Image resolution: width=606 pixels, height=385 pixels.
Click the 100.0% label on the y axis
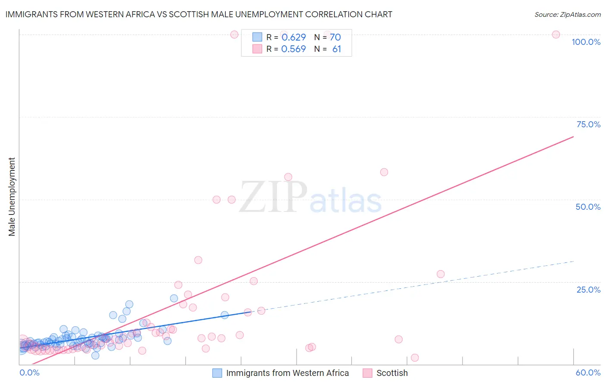(x=586, y=42)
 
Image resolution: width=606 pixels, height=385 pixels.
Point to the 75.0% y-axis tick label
(x=588, y=124)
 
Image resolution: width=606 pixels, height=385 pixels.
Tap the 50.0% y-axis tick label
(x=588, y=207)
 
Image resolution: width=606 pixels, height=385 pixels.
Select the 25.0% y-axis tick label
(x=588, y=290)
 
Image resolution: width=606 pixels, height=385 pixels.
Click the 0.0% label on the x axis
(x=29, y=372)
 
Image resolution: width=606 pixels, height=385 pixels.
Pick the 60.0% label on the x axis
(x=588, y=372)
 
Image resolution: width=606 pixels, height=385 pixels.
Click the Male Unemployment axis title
(x=12, y=197)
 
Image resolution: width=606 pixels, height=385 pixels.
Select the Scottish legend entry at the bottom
(x=392, y=373)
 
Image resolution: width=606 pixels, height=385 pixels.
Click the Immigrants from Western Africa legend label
(x=287, y=373)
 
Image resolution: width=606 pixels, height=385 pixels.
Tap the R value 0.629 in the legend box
(x=294, y=38)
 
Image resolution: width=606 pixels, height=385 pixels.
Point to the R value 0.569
(x=294, y=49)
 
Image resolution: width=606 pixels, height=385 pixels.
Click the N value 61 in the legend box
(x=337, y=49)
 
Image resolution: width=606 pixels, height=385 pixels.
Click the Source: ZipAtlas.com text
(x=567, y=14)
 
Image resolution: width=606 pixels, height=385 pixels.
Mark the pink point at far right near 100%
(x=556, y=35)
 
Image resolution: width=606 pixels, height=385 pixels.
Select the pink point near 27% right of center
(x=440, y=274)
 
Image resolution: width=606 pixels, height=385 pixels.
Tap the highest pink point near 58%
(x=384, y=172)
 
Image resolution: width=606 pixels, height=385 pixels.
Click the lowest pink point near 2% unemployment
(x=415, y=357)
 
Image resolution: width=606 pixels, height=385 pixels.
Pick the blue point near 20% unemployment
(x=174, y=298)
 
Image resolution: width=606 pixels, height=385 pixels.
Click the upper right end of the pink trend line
(x=573, y=137)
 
